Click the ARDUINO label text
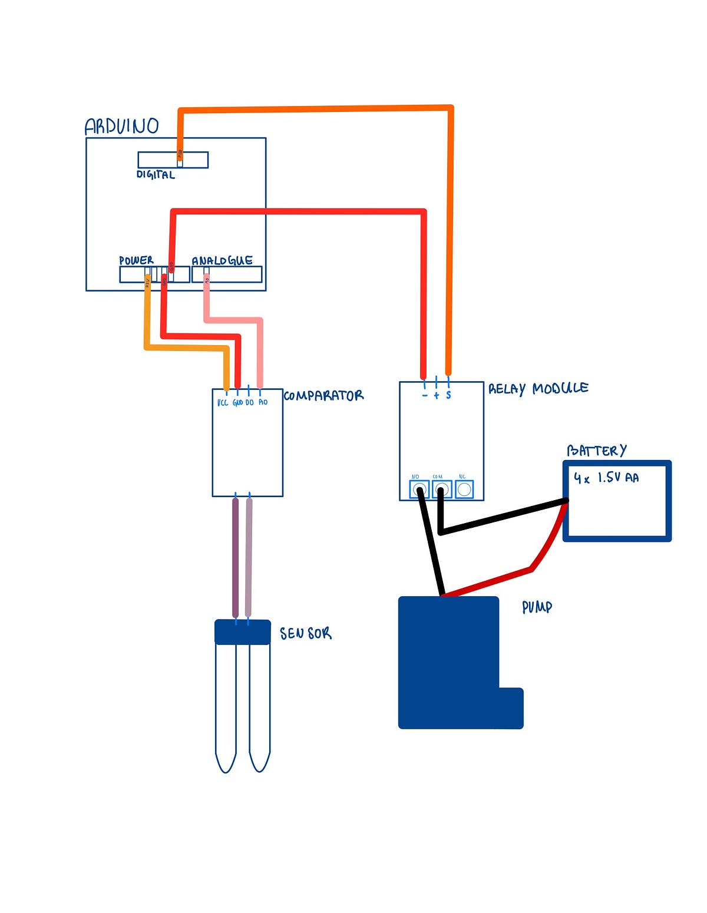(x=121, y=126)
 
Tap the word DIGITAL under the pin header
(x=156, y=174)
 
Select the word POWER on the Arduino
(x=136, y=260)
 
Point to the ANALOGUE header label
(x=222, y=260)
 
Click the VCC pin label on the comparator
(x=223, y=402)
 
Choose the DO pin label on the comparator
(x=249, y=402)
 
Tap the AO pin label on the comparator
(x=263, y=402)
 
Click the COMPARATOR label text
(x=323, y=395)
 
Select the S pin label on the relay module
(x=448, y=395)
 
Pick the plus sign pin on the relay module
(x=437, y=395)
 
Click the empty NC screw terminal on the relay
(x=464, y=489)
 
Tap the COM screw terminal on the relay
(x=441, y=489)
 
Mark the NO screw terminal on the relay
(x=419, y=489)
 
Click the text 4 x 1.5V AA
(x=606, y=478)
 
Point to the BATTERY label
(x=596, y=451)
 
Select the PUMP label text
(x=537, y=607)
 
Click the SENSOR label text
(x=305, y=633)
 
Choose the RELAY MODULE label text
(x=538, y=388)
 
